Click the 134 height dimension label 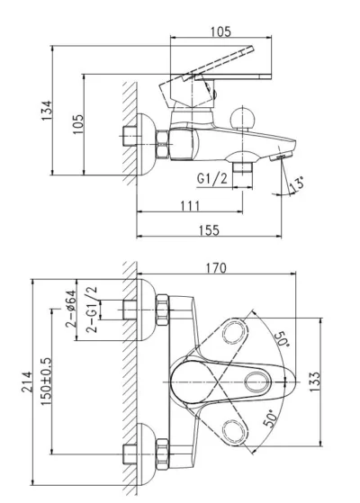point(46,111)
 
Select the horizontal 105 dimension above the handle point(220,31)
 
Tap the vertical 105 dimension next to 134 point(78,124)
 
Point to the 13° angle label point(296,184)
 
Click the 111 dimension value point(190,206)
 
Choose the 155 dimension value point(209,230)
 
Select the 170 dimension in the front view point(216,268)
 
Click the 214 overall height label point(27,382)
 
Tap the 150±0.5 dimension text point(46,382)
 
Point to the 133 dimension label point(315,382)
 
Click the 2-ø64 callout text point(70,309)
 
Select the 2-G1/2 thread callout point(92,309)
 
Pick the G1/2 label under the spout point(212,178)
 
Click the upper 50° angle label point(282,337)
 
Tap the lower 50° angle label point(270,418)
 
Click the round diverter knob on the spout point(243,119)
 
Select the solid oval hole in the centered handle point(258,382)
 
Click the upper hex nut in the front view point(162,310)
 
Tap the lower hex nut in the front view point(162,454)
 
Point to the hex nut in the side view point(162,144)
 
